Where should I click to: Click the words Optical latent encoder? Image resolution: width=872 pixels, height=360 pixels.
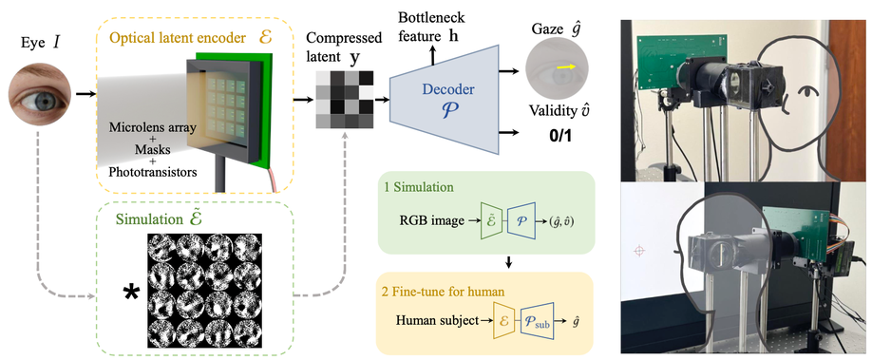[172, 39]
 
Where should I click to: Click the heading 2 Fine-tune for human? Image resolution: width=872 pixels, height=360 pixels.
[440, 289]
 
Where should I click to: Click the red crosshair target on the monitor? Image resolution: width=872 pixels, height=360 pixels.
[639, 251]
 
